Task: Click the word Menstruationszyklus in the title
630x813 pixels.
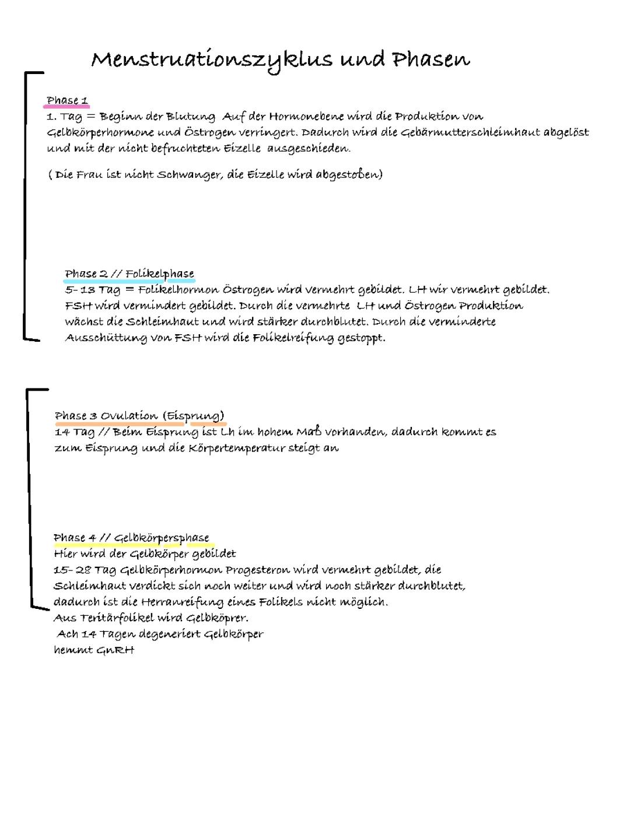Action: (x=212, y=60)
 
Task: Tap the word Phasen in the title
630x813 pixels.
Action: (x=430, y=59)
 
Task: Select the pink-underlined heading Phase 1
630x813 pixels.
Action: (x=67, y=100)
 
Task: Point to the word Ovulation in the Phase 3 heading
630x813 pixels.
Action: (x=129, y=416)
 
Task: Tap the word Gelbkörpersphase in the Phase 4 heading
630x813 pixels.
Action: (x=161, y=538)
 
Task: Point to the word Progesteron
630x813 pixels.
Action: (x=257, y=570)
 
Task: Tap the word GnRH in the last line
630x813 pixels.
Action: (x=116, y=650)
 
